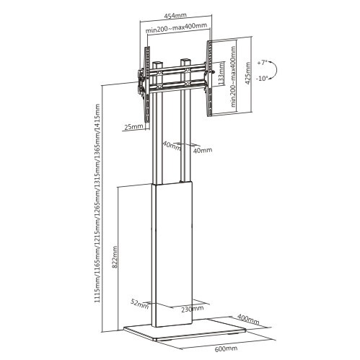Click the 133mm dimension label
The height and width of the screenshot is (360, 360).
pos(220,72)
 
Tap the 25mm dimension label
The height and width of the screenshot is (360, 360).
pos(133,127)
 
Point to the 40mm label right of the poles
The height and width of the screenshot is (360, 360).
pos(203,150)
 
